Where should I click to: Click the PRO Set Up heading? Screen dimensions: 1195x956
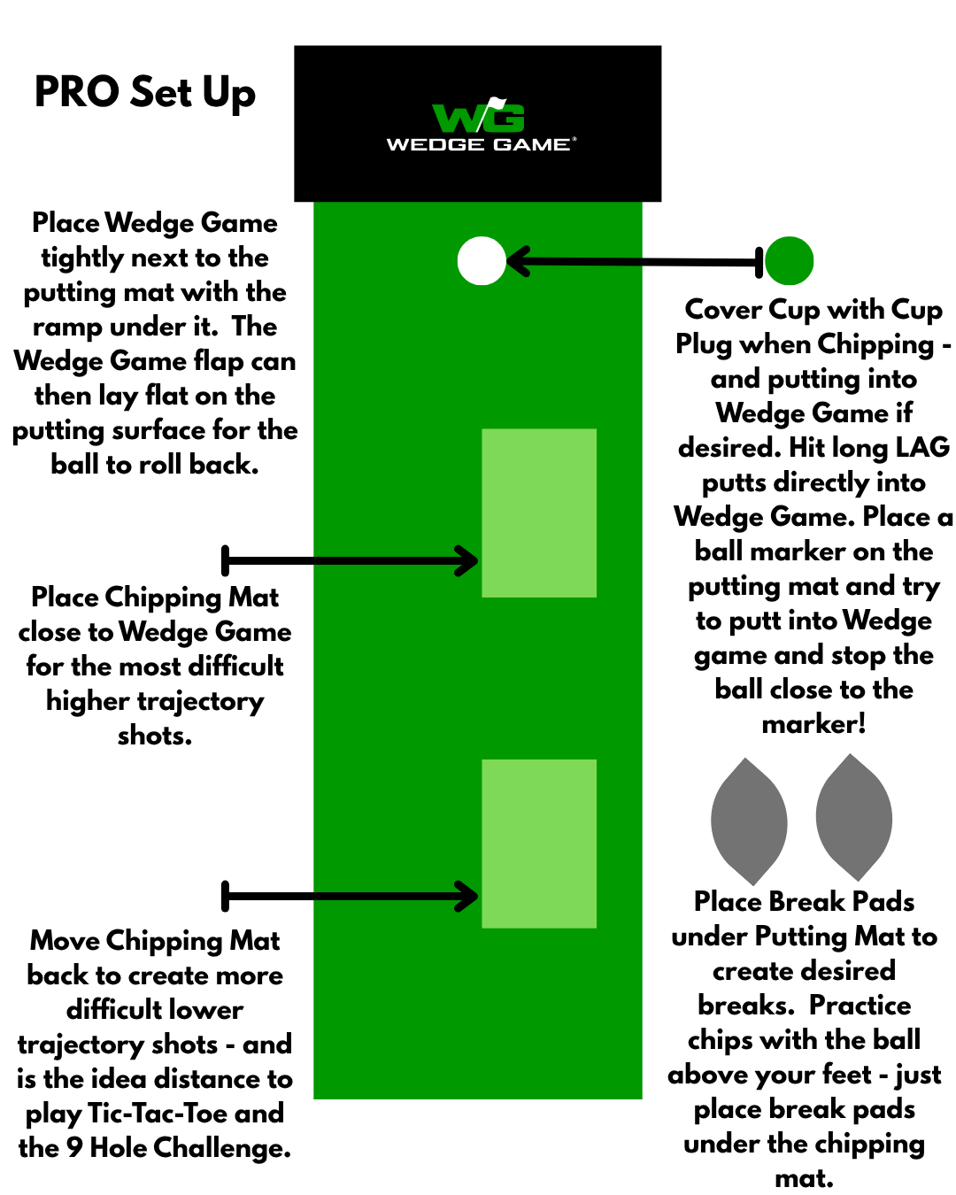click(145, 93)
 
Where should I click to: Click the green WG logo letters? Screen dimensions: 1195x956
click(478, 117)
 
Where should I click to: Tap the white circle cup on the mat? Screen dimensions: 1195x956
click(482, 261)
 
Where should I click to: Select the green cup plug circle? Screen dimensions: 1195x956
click(789, 261)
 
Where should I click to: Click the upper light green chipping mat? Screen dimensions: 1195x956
click(539, 513)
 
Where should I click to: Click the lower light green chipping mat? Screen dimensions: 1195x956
click(539, 843)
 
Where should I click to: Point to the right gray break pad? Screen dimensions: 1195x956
click(853, 817)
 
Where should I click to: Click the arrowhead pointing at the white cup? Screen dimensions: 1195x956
click(517, 261)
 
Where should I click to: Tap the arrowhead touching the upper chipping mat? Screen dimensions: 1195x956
click(467, 560)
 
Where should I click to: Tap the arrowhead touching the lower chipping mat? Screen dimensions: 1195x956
click(467, 896)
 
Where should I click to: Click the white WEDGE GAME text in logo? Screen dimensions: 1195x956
click(479, 144)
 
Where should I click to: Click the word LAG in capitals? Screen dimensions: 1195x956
click(922, 447)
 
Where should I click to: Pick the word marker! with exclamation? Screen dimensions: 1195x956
click(813, 724)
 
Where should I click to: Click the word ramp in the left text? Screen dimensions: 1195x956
click(67, 327)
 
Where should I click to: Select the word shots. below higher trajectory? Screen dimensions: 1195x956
click(155, 735)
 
